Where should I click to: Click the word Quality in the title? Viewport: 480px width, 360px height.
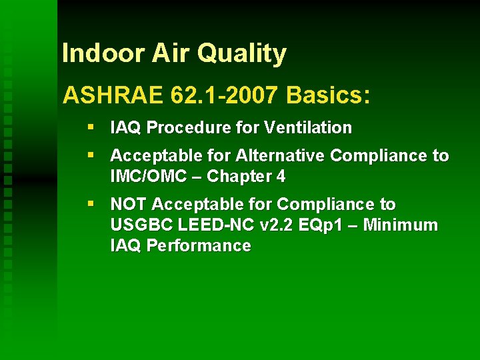click(247, 54)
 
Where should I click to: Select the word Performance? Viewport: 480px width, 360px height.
click(199, 246)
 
